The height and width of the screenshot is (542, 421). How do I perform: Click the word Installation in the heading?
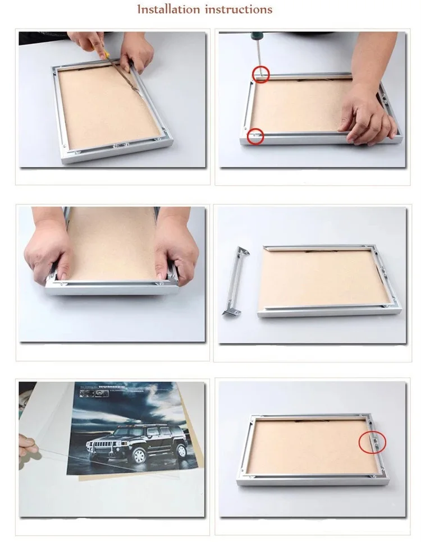tap(169, 10)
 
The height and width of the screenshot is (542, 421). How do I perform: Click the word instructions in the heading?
tap(239, 10)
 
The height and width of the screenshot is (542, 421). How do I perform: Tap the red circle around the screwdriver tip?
tap(260, 74)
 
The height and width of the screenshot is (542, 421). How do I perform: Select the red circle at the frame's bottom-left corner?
tap(256, 136)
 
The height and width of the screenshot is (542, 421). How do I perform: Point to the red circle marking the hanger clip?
tap(372, 443)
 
